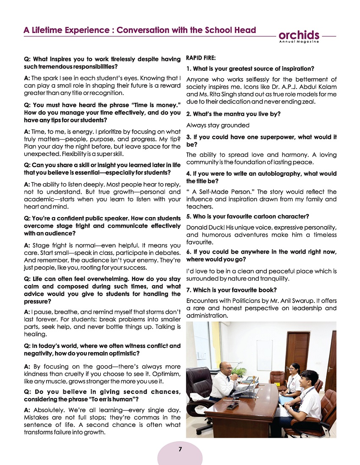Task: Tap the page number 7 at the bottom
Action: coord(180,449)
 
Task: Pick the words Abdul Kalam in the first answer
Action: coord(316,87)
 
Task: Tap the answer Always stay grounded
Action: coord(218,125)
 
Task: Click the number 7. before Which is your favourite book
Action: coord(189,290)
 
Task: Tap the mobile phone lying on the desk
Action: coord(233,405)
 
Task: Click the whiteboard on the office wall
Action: coord(264,355)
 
